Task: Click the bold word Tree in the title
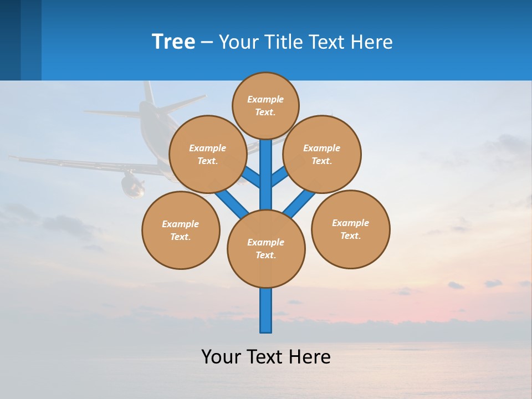173,42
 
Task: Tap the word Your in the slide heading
237,42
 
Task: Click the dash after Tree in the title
207,42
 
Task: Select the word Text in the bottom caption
262,356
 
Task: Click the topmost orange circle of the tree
265,105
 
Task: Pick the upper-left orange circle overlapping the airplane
207,154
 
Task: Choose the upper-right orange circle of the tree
322,154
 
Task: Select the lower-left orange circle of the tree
181,230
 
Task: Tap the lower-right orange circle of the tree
350,229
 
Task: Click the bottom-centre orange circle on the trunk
266,248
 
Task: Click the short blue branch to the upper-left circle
251,178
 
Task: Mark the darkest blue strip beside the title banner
10,40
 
